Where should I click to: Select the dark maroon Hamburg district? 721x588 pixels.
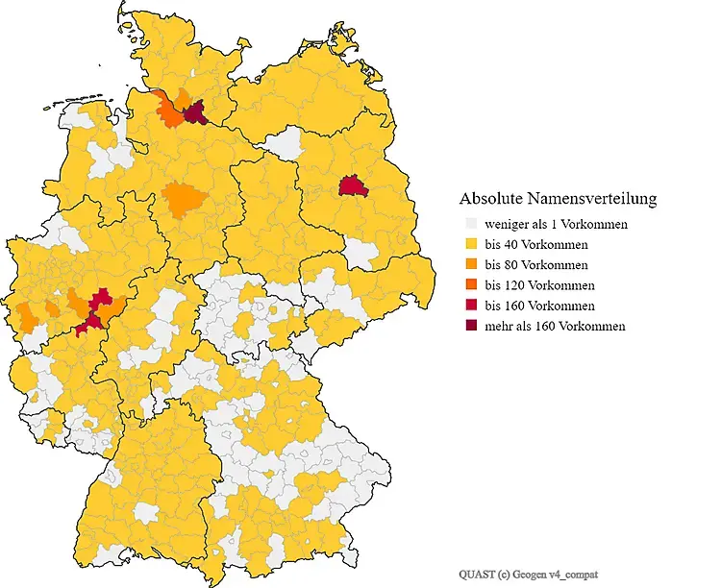(x=196, y=114)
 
